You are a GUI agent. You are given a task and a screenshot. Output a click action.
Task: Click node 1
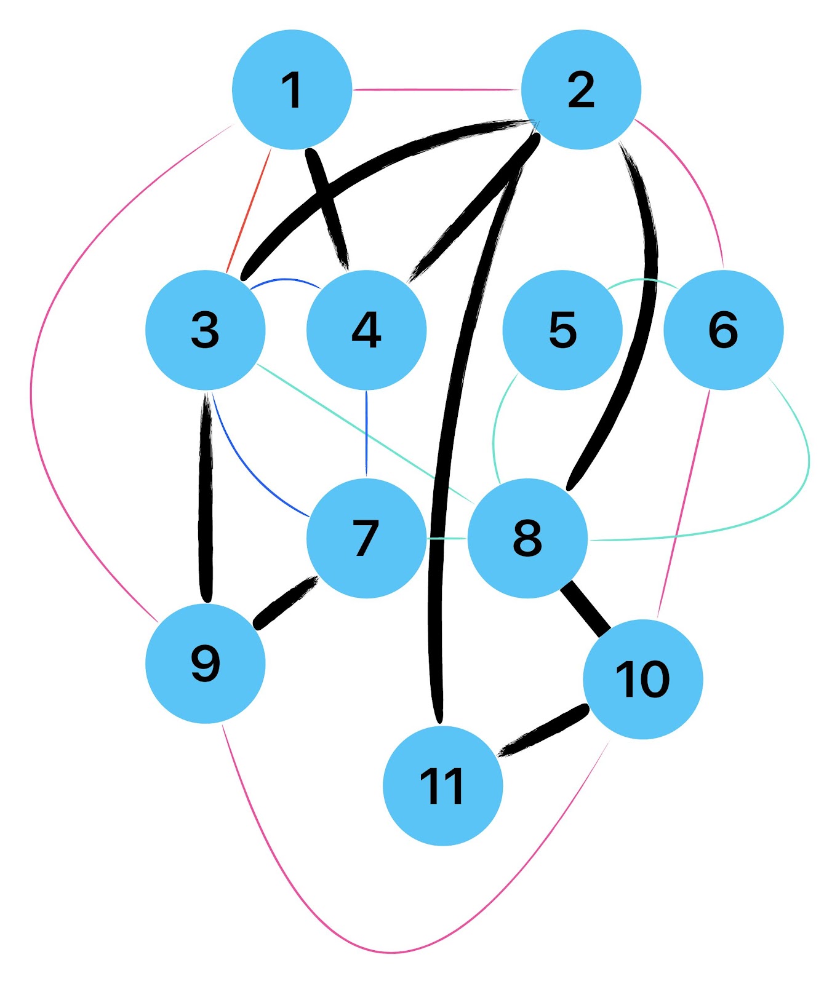[x=292, y=89]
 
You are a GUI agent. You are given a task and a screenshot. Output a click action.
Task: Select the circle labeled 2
[x=581, y=89]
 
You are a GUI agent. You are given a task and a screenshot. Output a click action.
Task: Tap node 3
[x=206, y=330]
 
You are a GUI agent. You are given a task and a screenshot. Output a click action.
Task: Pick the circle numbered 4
[x=366, y=330]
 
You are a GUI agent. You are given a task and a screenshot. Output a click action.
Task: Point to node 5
[x=562, y=330]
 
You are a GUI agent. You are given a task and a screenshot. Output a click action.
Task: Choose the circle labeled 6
[x=723, y=330]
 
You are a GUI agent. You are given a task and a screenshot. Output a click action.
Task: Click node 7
[x=366, y=538]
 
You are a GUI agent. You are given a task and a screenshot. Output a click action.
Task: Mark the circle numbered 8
[x=527, y=538]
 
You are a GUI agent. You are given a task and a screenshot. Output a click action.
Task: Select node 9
[x=206, y=663]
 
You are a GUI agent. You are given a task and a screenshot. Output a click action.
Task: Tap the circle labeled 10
[x=642, y=679]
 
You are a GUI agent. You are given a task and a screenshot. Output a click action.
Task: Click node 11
[x=442, y=785]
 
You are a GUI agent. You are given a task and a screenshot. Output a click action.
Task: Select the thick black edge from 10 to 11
[x=543, y=731]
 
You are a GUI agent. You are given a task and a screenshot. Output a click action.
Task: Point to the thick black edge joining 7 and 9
[x=286, y=603]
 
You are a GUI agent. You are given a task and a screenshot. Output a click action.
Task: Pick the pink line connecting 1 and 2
[x=436, y=90]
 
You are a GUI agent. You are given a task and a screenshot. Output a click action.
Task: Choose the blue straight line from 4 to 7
[x=366, y=434]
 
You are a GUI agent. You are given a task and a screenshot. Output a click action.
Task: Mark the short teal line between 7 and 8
[x=447, y=538]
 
